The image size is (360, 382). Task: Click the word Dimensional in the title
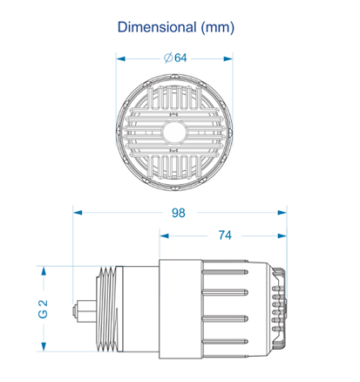157,27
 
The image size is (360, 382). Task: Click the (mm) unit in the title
218,28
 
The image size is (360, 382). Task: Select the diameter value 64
180,58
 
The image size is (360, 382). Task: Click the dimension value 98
179,213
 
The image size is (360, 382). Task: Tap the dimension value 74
225,235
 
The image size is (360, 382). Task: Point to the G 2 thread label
43,309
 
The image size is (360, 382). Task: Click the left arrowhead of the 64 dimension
121,58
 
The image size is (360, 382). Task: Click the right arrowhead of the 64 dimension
228,58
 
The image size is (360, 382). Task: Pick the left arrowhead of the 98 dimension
78,213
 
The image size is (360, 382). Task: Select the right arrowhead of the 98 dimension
282,213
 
